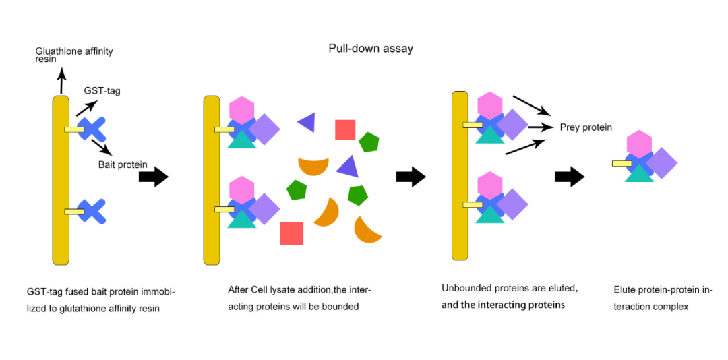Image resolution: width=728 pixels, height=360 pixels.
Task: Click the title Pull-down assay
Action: coord(371,49)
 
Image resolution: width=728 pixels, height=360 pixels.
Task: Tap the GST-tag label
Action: coord(102,91)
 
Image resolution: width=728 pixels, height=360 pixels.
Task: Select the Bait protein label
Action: coord(123,164)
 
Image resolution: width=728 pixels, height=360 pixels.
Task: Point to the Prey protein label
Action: coord(586,127)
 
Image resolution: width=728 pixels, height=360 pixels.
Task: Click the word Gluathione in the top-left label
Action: coord(57,51)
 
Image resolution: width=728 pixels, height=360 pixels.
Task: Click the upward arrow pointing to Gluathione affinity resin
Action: coord(61,80)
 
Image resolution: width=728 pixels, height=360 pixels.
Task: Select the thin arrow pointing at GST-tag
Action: coord(86,109)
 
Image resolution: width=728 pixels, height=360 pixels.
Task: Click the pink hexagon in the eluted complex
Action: coord(639,144)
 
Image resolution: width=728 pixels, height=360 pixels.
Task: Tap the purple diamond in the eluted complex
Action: coord(661,163)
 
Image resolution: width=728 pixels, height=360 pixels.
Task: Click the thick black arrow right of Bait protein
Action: coord(154,177)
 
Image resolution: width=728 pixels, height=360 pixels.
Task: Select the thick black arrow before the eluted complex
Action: coord(570,177)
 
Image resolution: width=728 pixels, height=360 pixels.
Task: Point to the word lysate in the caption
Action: coord(287,290)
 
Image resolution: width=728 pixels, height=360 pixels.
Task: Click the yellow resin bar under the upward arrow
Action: coord(61,181)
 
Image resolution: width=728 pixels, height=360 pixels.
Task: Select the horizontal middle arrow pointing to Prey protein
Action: coord(541,126)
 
